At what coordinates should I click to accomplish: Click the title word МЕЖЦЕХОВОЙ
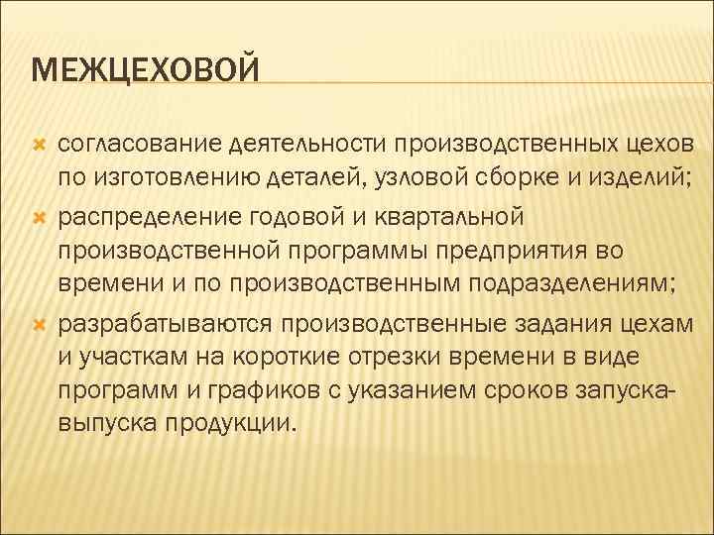pos(145,70)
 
